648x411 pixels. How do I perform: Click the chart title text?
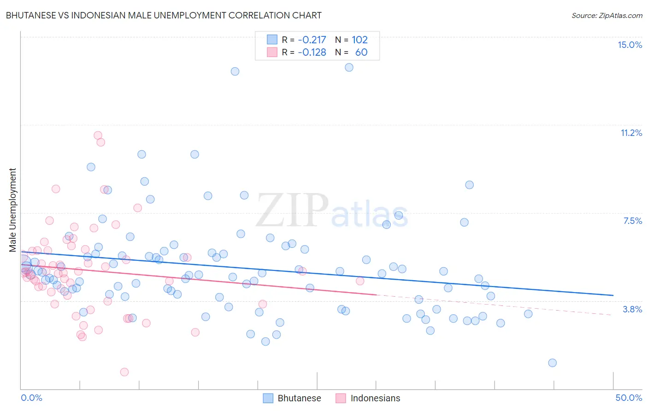[x=164, y=15]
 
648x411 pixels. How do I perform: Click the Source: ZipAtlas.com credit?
[x=607, y=15]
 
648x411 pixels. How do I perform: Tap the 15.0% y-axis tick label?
[x=630, y=45]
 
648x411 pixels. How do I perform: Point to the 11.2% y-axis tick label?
[x=631, y=133]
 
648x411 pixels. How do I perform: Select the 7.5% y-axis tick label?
[x=632, y=221]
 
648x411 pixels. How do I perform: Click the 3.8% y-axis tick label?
[x=632, y=309]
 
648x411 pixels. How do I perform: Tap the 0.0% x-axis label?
[x=31, y=398]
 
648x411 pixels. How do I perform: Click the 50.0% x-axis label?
[x=629, y=398]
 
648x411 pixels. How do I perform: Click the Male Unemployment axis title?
[x=12, y=210]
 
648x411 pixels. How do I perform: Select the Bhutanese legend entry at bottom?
[x=292, y=398]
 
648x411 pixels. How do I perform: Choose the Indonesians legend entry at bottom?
[x=368, y=398]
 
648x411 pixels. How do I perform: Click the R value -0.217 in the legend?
[x=312, y=40]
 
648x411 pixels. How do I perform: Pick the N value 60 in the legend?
[x=361, y=52]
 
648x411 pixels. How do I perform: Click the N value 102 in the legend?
[x=359, y=40]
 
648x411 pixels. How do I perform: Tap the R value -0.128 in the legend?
[x=312, y=52]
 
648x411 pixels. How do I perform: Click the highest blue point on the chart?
[x=349, y=67]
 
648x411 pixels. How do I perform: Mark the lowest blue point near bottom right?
[x=552, y=363]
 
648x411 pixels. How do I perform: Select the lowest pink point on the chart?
[x=124, y=372]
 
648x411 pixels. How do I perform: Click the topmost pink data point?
[x=98, y=135]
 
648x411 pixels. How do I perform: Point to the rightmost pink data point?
[x=360, y=281]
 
